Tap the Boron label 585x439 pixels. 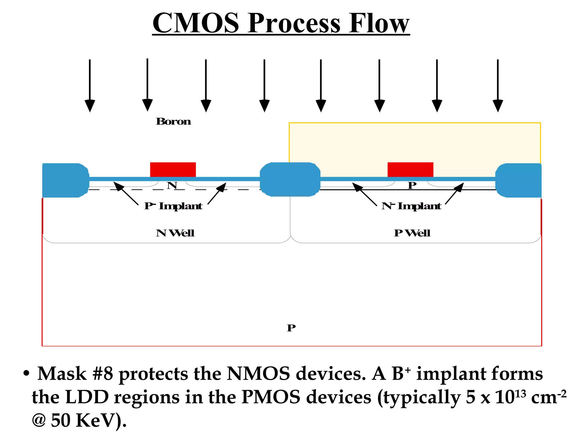pos(173,121)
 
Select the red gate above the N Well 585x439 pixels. pos(173,169)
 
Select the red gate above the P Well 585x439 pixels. pos(410,169)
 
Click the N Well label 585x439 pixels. pos(175,233)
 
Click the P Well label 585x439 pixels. pos(412,233)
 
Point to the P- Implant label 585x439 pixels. pos(173,206)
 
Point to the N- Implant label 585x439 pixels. pos(411,206)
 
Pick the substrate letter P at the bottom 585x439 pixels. pos(291,328)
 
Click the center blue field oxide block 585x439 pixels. pos(290,179)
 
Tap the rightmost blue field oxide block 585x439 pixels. pos(518,180)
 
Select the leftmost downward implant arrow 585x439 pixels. pos(90,86)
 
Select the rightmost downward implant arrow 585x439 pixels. pos(498,86)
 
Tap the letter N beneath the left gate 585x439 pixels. pos(172,185)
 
